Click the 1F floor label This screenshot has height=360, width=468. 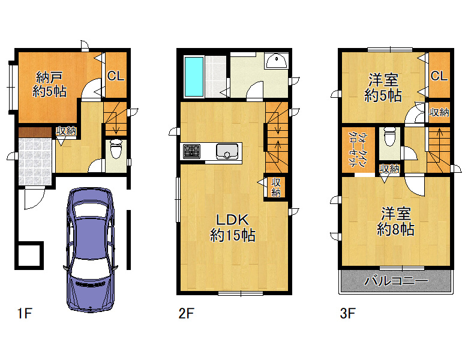(25, 313)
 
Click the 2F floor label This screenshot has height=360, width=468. (186, 313)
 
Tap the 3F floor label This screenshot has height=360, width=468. (348, 313)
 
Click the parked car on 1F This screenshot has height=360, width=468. (91, 250)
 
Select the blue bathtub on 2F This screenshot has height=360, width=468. (194, 77)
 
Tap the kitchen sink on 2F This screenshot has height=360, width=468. (227, 151)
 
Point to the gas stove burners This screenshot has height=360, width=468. (191, 151)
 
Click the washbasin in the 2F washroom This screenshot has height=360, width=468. (277, 61)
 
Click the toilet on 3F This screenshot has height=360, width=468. (389, 137)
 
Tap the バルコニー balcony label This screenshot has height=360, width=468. (396, 281)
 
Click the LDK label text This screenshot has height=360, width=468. (232, 220)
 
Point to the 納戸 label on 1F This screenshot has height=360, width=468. (49, 77)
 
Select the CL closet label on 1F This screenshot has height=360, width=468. (116, 76)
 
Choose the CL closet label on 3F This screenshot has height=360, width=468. (439, 76)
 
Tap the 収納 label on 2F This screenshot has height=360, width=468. (276, 187)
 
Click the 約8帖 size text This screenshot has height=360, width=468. (395, 229)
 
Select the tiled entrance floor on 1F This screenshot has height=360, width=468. (35, 162)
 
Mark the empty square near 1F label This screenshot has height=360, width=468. (29, 255)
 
